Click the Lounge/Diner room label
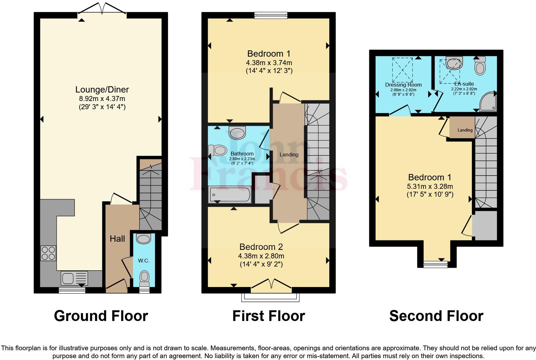102,90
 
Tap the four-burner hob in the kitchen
48,253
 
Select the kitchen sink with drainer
75,278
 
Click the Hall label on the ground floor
117,239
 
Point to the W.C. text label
143,261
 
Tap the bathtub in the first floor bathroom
230,194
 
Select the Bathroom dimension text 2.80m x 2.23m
242,159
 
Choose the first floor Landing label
289,155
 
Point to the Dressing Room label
403,85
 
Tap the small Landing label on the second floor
465,130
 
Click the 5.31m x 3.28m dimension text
430,186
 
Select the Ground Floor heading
101,316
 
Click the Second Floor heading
436,316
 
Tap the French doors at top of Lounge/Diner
102,9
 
